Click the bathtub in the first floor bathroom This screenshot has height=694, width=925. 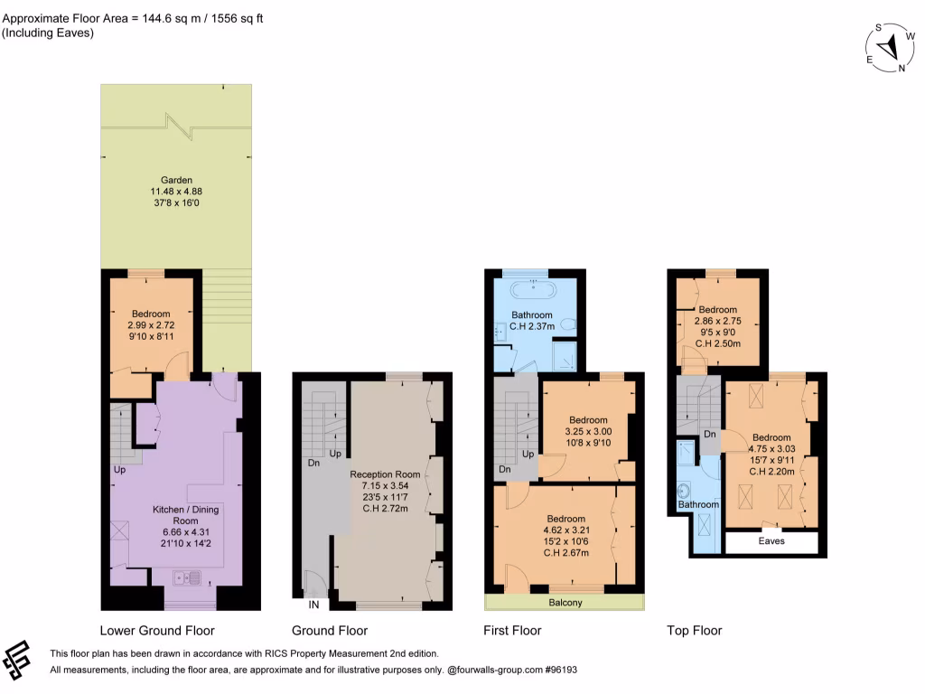pyautogui.click(x=532, y=290)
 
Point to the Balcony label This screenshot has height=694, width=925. pyautogui.click(x=565, y=603)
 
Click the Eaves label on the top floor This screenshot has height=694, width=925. pyautogui.click(x=771, y=541)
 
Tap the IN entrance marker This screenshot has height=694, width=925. pyautogui.click(x=313, y=604)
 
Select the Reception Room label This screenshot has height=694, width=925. pyautogui.click(x=385, y=474)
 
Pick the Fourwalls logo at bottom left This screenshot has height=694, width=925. pyautogui.click(x=21, y=661)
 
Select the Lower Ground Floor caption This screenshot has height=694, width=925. pyautogui.click(x=157, y=631)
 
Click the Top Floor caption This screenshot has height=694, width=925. pyautogui.click(x=694, y=631)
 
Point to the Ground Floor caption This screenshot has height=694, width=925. pyautogui.click(x=330, y=631)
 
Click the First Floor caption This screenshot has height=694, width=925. pyautogui.click(x=514, y=631)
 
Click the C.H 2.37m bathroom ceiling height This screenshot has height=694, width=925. pyautogui.click(x=532, y=327)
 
